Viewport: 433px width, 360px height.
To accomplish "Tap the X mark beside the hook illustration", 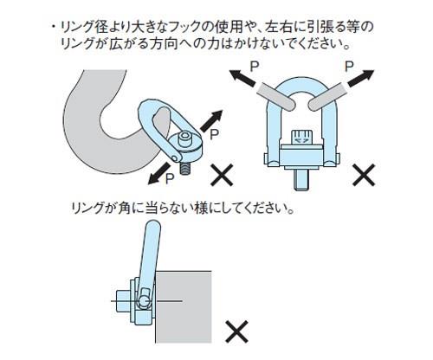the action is pyautogui.click(x=222, y=175).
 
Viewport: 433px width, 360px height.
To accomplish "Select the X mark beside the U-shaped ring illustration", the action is pyautogui.click(x=364, y=175).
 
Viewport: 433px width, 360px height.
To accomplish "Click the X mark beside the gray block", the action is pyautogui.click(x=236, y=331).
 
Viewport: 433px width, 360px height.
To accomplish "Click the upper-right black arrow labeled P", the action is pyautogui.click(x=361, y=78).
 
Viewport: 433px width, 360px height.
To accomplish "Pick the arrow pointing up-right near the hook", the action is pyautogui.click(x=211, y=121).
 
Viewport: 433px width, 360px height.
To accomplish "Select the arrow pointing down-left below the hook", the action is pyautogui.click(x=159, y=173).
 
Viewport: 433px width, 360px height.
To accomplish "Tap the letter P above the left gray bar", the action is pyautogui.click(x=254, y=67).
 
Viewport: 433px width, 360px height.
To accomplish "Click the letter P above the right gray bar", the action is pyautogui.click(x=349, y=67).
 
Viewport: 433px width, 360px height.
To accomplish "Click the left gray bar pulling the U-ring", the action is pyautogui.click(x=275, y=97).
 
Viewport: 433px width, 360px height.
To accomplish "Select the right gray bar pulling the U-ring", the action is pyautogui.click(x=327, y=97).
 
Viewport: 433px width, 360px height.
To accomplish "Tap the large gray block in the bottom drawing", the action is pyautogui.click(x=184, y=307).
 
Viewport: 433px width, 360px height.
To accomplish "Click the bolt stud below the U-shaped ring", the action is pyautogui.click(x=301, y=179).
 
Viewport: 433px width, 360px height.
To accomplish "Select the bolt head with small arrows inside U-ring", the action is pyautogui.click(x=301, y=138).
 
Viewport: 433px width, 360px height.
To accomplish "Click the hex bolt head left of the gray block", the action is pyautogui.click(x=123, y=301).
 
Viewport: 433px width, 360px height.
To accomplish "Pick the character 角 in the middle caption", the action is pyautogui.click(x=124, y=208).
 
